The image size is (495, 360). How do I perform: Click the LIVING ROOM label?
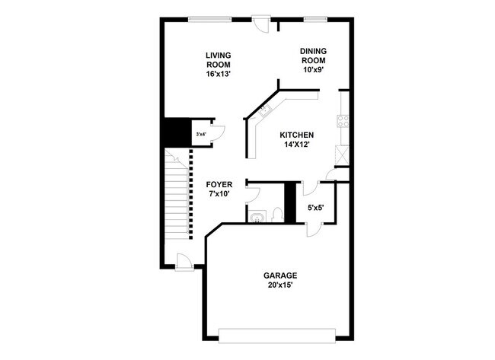(219, 59)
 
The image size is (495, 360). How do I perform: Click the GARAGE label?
(280, 276)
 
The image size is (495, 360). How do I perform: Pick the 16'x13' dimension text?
(219, 75)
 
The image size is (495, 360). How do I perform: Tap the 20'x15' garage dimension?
(280, 285)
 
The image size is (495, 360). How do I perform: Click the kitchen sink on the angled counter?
(266, 111)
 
